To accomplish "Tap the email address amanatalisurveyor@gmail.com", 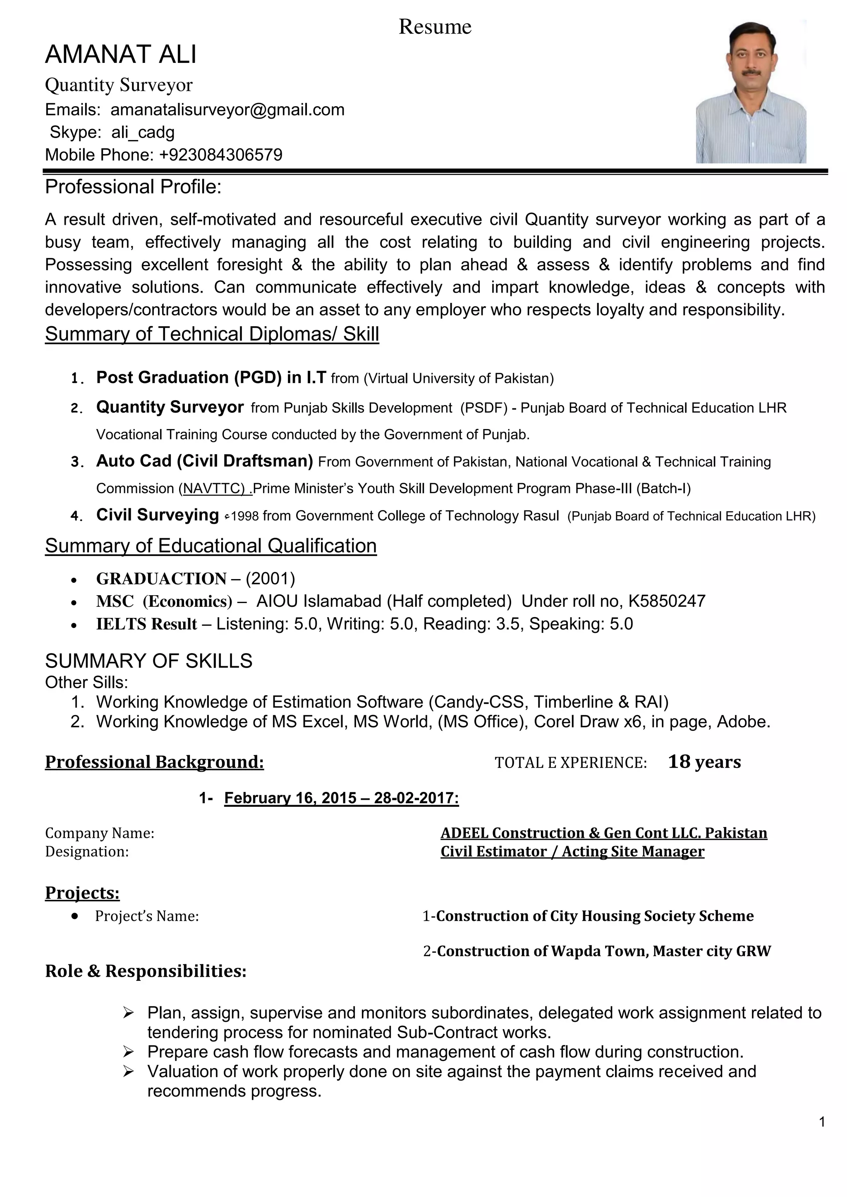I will click(227, 110).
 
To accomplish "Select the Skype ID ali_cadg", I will click(143, 132).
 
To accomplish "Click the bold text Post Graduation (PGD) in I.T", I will click(211, 377).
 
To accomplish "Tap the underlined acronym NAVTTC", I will click(214, 489).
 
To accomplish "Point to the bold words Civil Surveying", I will click(158, 515).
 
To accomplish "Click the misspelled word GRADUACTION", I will click(161, 579).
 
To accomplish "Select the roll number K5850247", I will click(667, 601).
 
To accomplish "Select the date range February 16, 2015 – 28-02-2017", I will click(341, 798).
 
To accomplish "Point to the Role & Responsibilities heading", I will click(146, 971).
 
